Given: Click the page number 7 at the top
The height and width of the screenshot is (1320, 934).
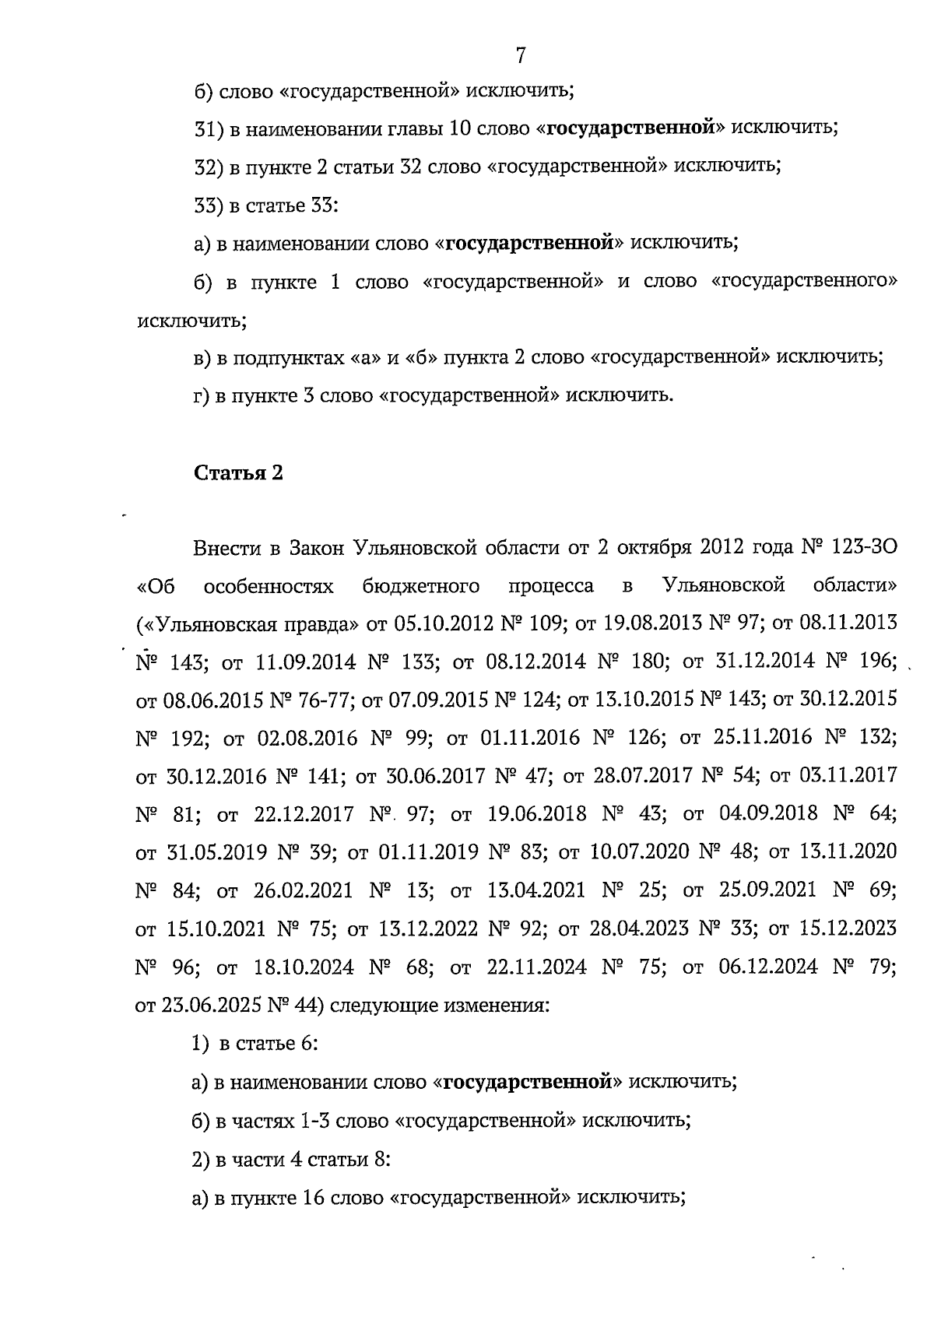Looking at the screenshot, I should click(x=520, y=56).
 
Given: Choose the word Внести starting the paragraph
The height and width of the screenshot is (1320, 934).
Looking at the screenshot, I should click(x=226, y=547).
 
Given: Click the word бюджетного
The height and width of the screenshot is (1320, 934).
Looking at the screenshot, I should click(x=421, y=585).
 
